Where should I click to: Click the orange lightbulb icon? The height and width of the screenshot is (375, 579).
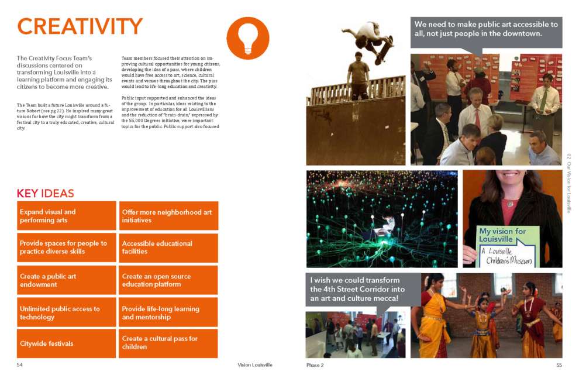pos(247,38)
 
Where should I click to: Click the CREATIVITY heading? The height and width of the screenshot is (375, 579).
pos(80,26)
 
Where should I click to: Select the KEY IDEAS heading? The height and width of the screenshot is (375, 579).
pos(45,194)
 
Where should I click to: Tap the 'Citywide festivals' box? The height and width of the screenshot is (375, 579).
pos(67,343)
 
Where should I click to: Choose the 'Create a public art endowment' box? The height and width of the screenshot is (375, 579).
pos(67,280)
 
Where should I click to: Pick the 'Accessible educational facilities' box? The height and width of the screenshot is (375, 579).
pos(168,247)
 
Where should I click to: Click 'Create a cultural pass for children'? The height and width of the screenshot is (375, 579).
pos(168,343)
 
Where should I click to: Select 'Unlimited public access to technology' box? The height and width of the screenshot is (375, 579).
pos(67,312)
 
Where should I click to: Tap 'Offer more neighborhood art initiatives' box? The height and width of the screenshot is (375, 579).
pos(168,216)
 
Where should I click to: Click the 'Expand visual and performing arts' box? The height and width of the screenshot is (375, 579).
pos(67,216)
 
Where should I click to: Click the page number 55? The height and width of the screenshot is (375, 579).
pos(559,364)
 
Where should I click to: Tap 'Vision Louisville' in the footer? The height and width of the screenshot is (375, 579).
pos(254,364)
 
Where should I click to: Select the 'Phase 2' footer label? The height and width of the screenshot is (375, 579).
pos(315,365)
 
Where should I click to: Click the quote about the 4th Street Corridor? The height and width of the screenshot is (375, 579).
pos(363,289)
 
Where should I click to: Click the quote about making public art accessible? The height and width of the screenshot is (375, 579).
pos(486,29)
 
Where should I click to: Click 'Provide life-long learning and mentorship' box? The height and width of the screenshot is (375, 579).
pos(168,312)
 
